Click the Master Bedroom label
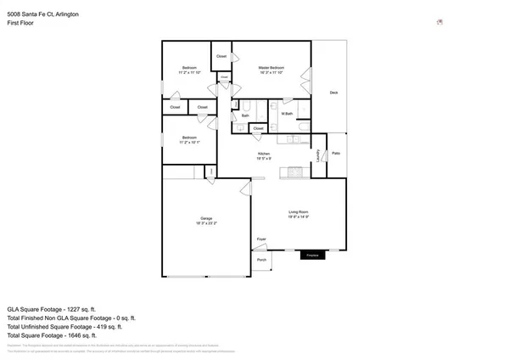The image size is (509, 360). click(x=271, y=68)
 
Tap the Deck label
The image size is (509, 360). click(x=333, y=93)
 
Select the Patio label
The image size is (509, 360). click(x=336, y=153)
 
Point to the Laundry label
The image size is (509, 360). click(x=318, y=155)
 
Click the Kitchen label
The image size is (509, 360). click(x=264, y=154)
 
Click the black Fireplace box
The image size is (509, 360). click(x=312, y=254)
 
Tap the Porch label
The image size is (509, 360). click(x=261, y=260)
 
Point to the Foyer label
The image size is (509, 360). click(x=261, y=239)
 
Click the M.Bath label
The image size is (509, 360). click(x=287, y=114)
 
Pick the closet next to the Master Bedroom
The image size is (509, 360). click(x=221, y=57)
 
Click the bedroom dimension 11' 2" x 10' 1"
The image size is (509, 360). click(x=188, y=143)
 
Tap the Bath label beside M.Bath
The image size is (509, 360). click(x=245, y=115)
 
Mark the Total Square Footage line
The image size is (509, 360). click(x=64, y=335)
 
